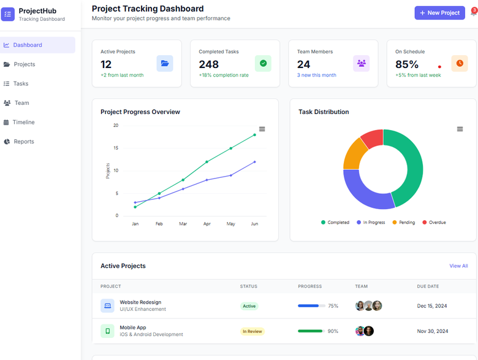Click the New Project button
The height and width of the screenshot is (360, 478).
click(x=439, y=13)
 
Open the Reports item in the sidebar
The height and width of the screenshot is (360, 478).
click(x=24, y=142)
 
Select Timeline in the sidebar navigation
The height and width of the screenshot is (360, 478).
click(x=23, y=122)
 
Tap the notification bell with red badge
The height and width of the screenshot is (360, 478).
click(x=473, y=13)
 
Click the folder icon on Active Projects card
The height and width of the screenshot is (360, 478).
click(x=164, y=63)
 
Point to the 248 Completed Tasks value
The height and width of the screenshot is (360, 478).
click(x=208, y=64)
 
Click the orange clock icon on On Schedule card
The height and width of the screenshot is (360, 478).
click(x=459, y=63)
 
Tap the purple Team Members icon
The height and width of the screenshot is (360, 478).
click(x=361, y=63)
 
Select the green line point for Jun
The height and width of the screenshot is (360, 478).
click(x=254, y=135)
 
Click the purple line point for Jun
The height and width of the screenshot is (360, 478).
click(x=254, y=162)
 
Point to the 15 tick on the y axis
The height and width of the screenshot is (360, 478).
click(x=115, y=148)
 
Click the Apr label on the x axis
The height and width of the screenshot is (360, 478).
click(x=207, y=224)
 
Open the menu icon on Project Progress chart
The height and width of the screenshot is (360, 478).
click(x=262, y=129)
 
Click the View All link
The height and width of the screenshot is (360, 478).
click(x=458, y=266)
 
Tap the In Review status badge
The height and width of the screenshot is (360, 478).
click(x=252, y=331)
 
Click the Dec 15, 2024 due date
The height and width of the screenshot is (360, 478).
click(x=432, y=306)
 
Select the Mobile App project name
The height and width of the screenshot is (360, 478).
click(x=132, y=327)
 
